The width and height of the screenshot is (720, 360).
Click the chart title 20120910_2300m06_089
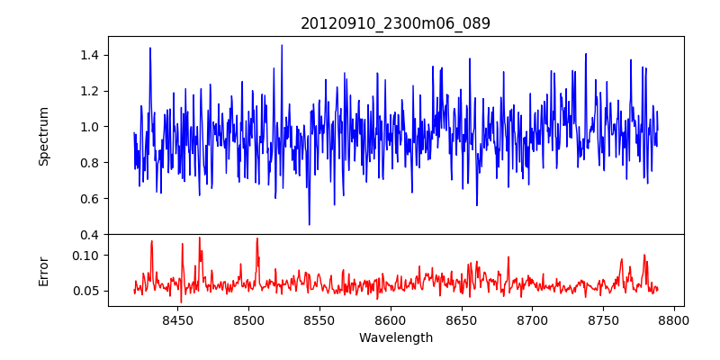coord(395,23)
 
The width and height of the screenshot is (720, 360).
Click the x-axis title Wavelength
coord(395,338)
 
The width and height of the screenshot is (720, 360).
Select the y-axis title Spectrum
coord(43,136)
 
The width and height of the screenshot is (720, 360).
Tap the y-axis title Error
coord(43,270)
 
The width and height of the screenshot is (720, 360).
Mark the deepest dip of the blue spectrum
coord(309,224)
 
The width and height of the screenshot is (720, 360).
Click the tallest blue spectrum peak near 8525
coord(282,45)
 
